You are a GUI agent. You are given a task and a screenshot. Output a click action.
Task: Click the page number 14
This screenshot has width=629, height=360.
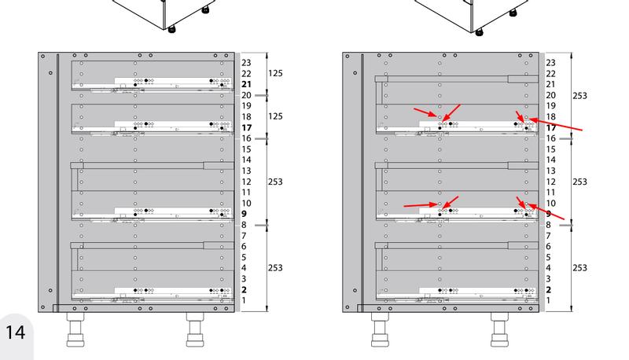pyautogui.click(x=15, y=332)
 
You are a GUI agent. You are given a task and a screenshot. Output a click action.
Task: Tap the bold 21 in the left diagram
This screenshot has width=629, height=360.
pyautogui.click(x=246, y=84)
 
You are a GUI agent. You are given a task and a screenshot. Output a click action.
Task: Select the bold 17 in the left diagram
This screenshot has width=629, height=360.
pyautogui.click(x=246, y=127)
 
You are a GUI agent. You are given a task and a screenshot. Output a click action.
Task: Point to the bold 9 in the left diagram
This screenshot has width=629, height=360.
pyautogui.click(x=244, y=214)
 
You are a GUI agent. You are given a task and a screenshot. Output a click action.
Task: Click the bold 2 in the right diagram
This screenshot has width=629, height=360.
pyautogui.click(x=548, y=290)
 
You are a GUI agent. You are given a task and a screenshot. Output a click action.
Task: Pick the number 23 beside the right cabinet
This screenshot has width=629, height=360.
pyautogui.click(x=551, y=63)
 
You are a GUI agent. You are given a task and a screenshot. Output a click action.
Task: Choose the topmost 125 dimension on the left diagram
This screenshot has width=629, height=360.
pyautogui.click(x=275, y=73)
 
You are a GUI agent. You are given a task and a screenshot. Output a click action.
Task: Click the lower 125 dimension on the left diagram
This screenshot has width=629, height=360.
pyautogui.click(x=275, y=116)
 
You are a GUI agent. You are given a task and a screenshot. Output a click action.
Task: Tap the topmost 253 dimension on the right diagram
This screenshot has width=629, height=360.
pyautogui.click(x=579, y=95)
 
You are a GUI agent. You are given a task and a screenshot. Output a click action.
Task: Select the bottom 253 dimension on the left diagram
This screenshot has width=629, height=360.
pyautogui.click(x=275, y=268)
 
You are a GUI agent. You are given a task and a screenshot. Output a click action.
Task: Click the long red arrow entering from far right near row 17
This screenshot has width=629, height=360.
pyautogui.click(x=556, y=124)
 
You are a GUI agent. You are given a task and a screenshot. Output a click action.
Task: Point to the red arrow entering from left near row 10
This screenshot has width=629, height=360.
pyautogui.click(x=421, y=205)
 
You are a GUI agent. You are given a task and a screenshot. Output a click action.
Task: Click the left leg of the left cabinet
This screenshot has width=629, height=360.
pyautogui.click(x=75, y=330)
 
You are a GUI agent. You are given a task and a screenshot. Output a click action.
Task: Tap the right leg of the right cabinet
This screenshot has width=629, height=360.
pyautogui.click(x=499, y=330)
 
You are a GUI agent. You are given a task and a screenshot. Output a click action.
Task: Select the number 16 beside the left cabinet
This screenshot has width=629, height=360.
pyautogui.click(x=246, y=138)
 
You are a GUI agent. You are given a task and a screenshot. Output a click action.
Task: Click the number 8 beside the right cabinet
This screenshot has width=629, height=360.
pyautogui.click(x=548, y=225)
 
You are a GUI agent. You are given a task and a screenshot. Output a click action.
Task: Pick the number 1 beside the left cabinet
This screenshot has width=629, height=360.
pyautogui.click(x=244, y=300)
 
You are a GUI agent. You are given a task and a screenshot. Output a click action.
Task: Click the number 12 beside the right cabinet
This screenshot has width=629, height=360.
pyautogui.click(x=551, y=182)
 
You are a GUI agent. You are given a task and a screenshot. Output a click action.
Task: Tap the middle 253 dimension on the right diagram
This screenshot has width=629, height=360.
pyautogui.click(x=579, y=182)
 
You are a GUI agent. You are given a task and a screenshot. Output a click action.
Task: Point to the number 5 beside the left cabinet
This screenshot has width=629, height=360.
pyautogui.click(x=244, y=257)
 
